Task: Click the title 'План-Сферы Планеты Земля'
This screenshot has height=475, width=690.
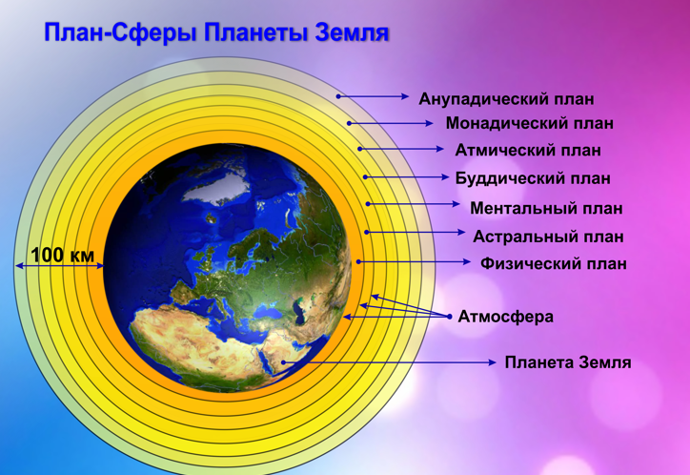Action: (216, 33)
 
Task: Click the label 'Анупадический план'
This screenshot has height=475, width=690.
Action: (506, 98)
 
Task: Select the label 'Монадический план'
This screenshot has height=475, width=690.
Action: (529, 124)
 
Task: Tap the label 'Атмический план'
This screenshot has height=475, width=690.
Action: (528, 151)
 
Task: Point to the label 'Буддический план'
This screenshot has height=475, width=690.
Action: (532, 178)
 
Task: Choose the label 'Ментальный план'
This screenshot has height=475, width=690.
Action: (546, 208)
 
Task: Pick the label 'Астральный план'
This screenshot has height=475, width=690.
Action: (548, 236)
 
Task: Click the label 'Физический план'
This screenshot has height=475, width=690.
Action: (554, 264)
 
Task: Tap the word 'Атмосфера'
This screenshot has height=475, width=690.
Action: (505, 317)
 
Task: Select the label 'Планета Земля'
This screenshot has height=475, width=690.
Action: (568, 362)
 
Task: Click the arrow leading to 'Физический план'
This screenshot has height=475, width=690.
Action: (414, 261)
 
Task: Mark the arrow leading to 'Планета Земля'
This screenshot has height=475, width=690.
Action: (400, 362)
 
